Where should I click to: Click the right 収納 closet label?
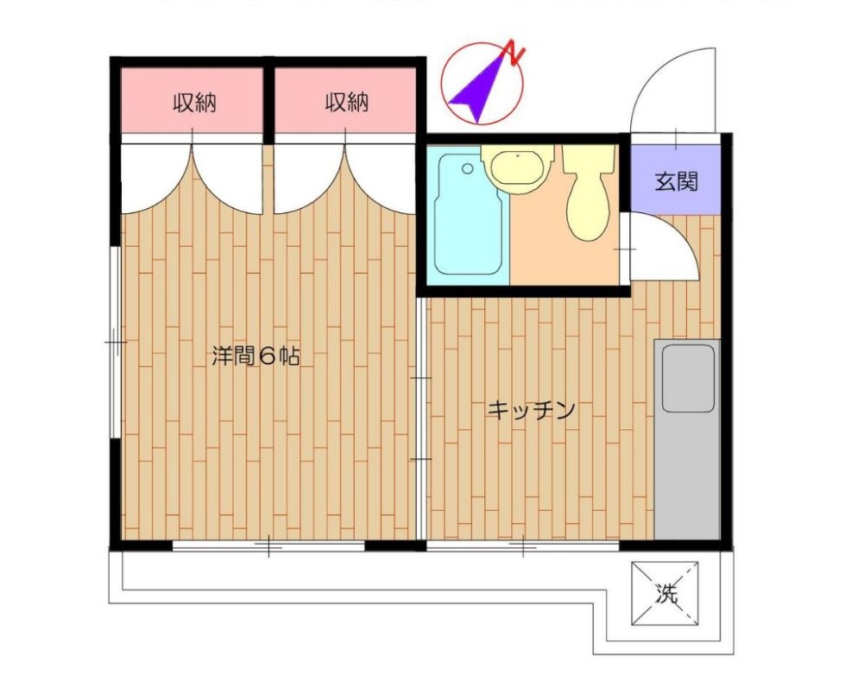click(x=347, y=104)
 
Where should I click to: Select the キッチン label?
click(x=531, y=410)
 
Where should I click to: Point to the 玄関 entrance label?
click(x=675, y=182)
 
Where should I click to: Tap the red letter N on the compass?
click(x=515, y=53)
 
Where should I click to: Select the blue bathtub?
click(x=468, y=214)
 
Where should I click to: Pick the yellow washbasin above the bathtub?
click(x=515, y=167)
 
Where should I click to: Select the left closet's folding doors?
click(x=192, y=178)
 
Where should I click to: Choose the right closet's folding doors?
click(x=345, y=178)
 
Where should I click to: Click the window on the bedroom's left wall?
click(x=115, y=343)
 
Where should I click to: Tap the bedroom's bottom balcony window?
click(x=268, y=545)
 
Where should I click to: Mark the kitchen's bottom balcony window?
click(x=523, y=545)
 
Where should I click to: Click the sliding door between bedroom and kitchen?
click(x=421, y=419)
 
